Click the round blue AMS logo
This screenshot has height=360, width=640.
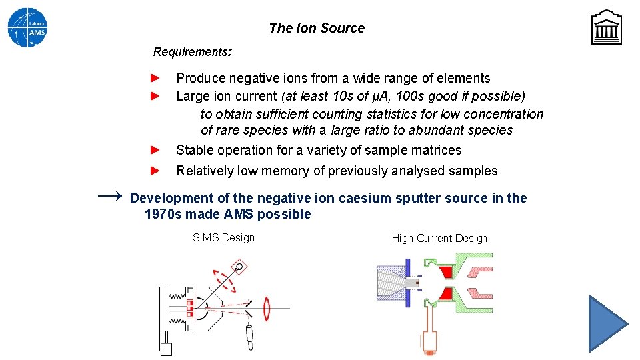click(27, 27)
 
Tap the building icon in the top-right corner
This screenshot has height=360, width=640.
click(606, 27)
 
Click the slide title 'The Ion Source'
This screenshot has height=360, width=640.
click(317, 28)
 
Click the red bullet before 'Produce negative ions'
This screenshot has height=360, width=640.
click(155, 78)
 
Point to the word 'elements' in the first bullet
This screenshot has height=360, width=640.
click(466, 79)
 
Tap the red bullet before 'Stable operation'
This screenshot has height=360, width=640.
click(155, 150)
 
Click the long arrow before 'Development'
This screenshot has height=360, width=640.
click(110, 196)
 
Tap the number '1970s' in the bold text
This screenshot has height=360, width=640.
click(163, 214)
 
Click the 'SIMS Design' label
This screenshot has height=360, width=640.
click(223, 237)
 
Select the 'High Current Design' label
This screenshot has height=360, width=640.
click(439, 238)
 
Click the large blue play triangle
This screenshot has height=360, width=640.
click(606, 323)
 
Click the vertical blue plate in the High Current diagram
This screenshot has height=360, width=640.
click(407, 283)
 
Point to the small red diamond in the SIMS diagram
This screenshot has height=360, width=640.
click(239, 267)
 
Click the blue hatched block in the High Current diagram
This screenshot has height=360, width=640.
click(391, 283)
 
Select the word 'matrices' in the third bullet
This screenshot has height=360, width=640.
click(437, 151)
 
